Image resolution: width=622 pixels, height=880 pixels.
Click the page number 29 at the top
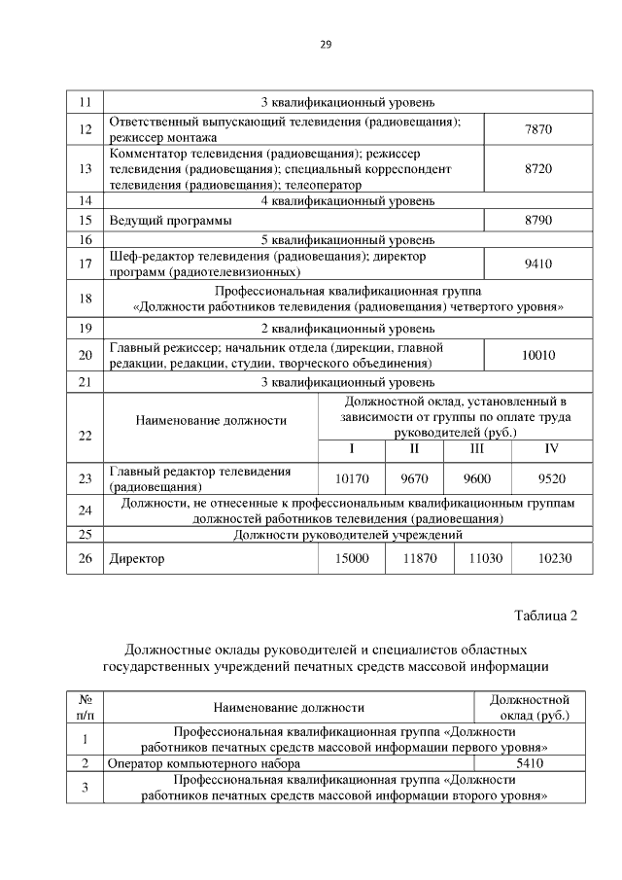(x=326, y=44)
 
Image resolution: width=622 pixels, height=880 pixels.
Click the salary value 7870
(x=537, y=130)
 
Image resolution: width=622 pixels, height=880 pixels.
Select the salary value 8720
(x=537, y=168)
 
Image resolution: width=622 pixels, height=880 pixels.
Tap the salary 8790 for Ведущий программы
(x=537, y=220)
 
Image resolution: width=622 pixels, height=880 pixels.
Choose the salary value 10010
(x=537, y=356)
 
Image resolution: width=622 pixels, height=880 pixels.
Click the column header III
(x=476, y=449)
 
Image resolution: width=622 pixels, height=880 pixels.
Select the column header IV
(x=551, y=449)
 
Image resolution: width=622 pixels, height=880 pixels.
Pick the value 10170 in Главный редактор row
(x=352, y=478)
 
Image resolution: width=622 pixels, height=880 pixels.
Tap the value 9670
(x=414, y=478)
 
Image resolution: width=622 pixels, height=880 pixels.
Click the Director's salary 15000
(x=352, y=558)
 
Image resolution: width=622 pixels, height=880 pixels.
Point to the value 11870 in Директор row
(x=414, y=558)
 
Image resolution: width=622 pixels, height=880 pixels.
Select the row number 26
(x=85, y=558)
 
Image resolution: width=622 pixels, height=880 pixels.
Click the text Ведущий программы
(x=170, y=221)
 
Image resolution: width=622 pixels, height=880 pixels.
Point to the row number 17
(x=85, y=262)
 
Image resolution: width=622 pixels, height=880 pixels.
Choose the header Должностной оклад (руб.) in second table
(x=530, y=707)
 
